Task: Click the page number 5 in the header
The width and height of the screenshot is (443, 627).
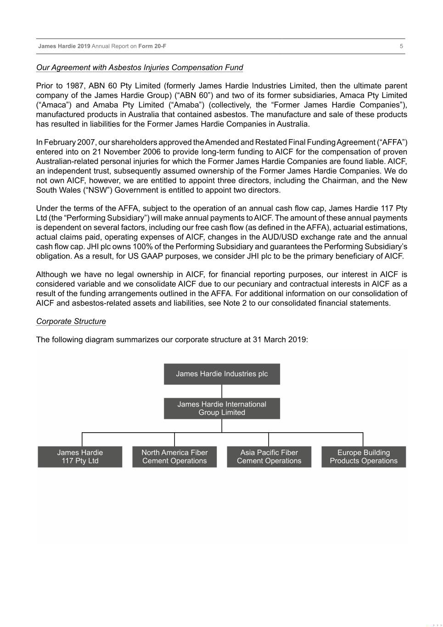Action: [x=401, y=46]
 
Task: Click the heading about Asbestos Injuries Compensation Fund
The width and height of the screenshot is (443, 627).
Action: [x=140, y=68]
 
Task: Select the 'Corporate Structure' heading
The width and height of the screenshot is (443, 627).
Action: [x=71, y=322]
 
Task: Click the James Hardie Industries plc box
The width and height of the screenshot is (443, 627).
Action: [x=222, y=374]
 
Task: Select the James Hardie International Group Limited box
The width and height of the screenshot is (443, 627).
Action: [x=222, y=408]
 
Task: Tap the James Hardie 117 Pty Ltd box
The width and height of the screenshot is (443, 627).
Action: [x=80, y=457]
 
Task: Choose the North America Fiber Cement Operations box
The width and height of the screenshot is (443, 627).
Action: [x=174, y=457]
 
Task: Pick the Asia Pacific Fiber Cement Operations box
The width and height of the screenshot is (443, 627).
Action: [x=269, y=457]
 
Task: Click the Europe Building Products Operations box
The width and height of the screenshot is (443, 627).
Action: [x=364, y=457]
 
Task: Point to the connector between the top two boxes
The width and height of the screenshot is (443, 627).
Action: [x=222, y=391]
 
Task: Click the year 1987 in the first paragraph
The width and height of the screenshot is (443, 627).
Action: [x=75, y=86]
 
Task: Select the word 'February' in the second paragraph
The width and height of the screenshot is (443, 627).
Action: [x=60, y=142]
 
